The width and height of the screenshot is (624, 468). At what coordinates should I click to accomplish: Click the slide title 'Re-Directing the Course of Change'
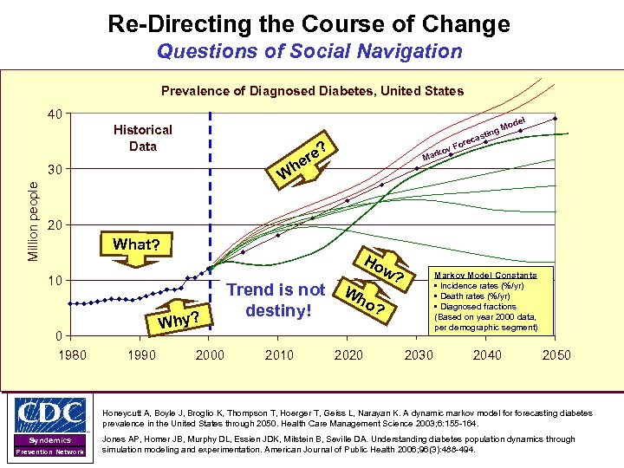(309, 23)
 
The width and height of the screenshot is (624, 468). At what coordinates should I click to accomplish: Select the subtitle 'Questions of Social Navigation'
(309, 51)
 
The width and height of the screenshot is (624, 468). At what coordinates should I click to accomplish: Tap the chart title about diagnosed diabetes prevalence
(313, 91)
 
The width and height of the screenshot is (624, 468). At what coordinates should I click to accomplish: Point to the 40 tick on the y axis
(55, 114)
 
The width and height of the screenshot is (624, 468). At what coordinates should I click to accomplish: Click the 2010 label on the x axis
(278, 354)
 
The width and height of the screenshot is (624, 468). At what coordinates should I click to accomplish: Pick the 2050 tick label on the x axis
(556, 354)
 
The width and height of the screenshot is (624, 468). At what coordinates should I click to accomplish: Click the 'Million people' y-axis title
(33, 220)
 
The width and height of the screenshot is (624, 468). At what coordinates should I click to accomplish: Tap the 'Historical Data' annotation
(143, 138)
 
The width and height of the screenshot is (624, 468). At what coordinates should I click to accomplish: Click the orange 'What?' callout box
(136, 244)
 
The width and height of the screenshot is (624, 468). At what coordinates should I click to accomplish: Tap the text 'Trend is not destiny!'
(276, 299)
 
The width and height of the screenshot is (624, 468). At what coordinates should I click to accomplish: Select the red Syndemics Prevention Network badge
(50, 445)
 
